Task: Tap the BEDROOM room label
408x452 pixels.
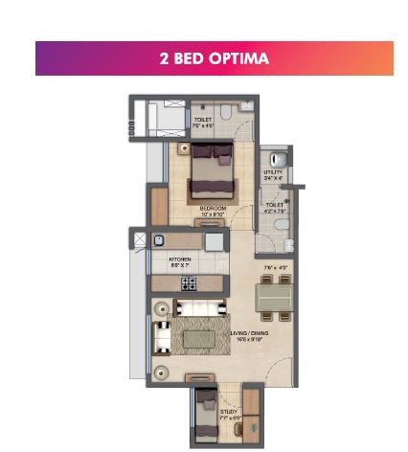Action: tap(213, 209)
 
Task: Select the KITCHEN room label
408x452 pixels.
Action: tap(179, 260)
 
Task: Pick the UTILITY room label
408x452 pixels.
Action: tap(274, 173)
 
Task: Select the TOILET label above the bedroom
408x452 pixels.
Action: tap(202, 121)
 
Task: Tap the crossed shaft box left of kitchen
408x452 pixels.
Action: tap(141, 240)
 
